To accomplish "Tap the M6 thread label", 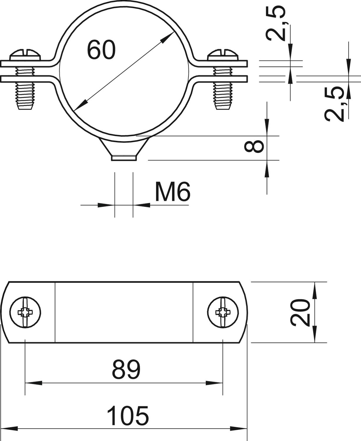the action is point(173,191).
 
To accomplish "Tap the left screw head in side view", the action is point(25,55).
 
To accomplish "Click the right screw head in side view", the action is point(223,55).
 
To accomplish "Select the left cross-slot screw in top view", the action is point(25,313).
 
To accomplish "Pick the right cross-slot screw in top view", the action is point(223,313).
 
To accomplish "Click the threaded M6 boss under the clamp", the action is point(124,149).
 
